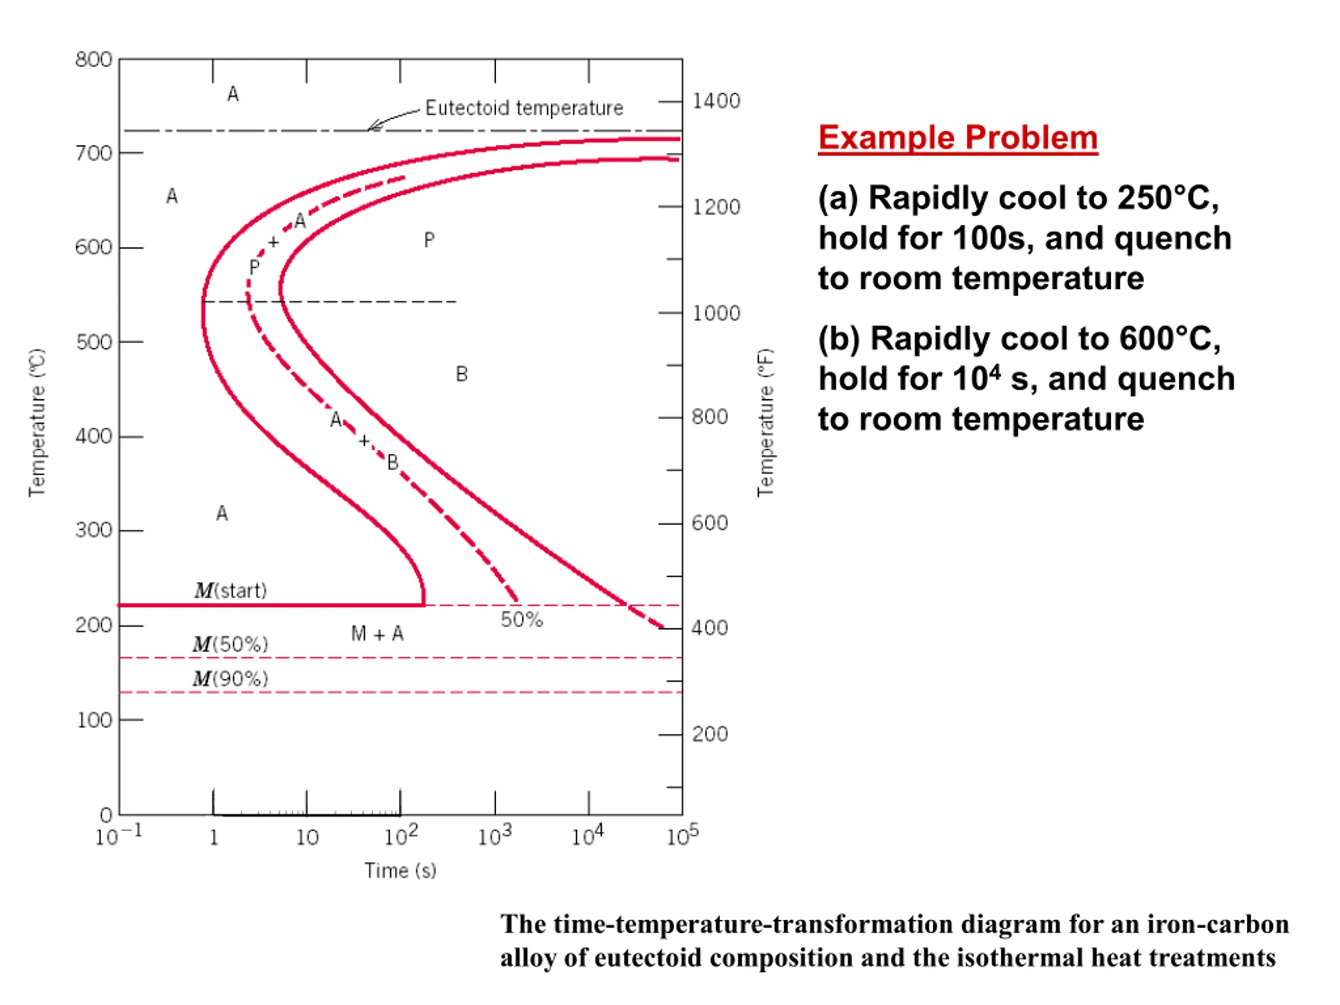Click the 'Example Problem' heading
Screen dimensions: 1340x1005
click(958, 138)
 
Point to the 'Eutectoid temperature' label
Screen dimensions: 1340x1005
click(524, 108)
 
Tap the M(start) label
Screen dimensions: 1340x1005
click(230, 590)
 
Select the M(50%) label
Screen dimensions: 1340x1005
click(230, 644)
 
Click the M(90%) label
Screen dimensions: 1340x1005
click(230, 678)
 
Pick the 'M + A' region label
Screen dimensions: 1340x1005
click(377, 634)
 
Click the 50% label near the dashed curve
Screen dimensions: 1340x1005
click(521, 619)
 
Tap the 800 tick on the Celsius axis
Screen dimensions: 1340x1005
click(94, 59)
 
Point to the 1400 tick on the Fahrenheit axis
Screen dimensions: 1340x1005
click(716, 100)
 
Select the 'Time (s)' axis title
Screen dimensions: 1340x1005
click(400, 870)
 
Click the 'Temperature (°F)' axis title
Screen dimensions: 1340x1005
click(765, 423)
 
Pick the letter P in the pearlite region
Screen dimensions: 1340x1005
click(429, 240)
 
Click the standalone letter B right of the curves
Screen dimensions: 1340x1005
click(462, 374)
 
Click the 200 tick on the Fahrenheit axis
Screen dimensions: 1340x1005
click(710, 734)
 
